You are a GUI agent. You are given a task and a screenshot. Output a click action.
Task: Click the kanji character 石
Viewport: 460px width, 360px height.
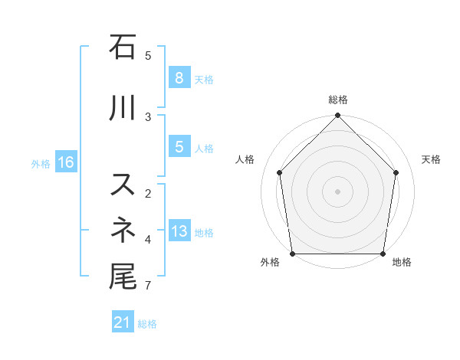tap(123, 47)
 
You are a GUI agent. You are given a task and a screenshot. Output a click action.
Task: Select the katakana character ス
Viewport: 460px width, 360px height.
tap(123, 185)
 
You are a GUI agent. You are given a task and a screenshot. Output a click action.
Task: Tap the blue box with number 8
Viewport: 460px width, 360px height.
tap(179, 77)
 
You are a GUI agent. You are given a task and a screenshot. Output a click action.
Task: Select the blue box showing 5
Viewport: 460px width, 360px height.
tap(179, 147)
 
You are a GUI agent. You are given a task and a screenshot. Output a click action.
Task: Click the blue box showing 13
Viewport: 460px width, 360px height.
tap(179, 231)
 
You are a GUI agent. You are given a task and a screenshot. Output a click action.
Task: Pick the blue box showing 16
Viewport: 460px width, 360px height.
tap(65, 162)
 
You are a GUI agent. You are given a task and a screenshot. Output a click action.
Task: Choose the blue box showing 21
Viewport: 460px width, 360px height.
tap(122, 322)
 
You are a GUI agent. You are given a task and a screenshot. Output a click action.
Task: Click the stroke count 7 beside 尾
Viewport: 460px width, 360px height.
tap(147, 286)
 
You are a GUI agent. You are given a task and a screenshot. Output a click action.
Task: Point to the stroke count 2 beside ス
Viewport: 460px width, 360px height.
tap(147, 193)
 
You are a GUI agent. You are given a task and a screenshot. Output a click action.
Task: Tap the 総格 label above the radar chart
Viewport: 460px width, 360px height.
tap(338, 100)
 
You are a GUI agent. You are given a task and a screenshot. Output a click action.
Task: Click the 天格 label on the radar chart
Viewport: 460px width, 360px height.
tap(432, 159)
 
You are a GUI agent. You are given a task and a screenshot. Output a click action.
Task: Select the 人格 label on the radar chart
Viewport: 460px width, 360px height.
tap(245, 159)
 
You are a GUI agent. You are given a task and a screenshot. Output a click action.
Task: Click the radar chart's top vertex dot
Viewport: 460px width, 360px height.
tap(338, 116)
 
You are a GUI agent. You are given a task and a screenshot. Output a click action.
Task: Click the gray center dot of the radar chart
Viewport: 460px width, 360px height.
tap(338, 191)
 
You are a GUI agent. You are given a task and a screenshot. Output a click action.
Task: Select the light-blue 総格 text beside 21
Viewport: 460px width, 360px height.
tap(147, 324)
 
